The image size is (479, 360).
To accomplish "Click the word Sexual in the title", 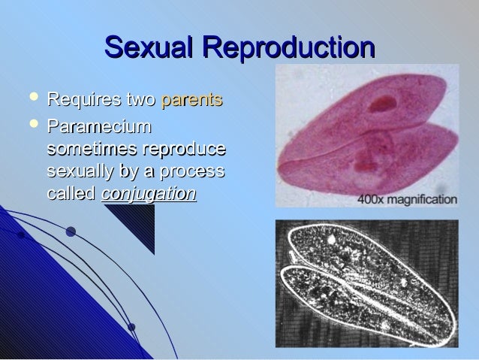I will point(149,47).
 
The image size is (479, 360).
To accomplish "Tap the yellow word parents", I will point(192,100).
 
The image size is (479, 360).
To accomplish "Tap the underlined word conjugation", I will point(149,194).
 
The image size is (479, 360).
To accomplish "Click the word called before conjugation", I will point(71,193).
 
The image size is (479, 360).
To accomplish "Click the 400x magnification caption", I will point(406,200).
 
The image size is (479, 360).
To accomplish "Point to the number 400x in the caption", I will point(372,200).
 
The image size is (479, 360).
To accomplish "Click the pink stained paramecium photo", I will point(367,132).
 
